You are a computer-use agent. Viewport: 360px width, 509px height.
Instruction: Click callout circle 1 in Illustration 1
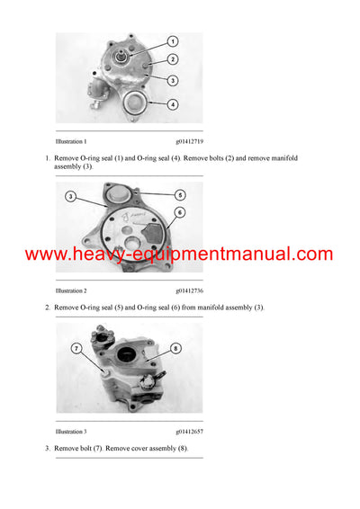coord(173,41)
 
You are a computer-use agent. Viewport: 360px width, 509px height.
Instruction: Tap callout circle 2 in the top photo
coord(173,59)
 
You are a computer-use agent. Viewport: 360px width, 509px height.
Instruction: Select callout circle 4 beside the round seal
coord(173,104)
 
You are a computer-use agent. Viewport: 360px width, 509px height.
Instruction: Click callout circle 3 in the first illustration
coord(173,81)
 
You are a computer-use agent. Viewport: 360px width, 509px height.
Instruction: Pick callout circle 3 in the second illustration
coord(70,196)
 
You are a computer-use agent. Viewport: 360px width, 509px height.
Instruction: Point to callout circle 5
coord(180,195)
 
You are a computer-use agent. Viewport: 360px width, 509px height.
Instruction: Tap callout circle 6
coord(180,212)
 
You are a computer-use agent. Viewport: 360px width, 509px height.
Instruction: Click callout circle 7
coord(76,349)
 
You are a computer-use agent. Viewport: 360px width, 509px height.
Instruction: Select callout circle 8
coord(175,349)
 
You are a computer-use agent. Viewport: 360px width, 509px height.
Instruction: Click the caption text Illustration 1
coord(71,141)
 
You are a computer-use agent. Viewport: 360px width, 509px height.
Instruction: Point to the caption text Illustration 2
coord(71,290)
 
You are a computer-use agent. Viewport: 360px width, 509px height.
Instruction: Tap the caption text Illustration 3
coord(71,432)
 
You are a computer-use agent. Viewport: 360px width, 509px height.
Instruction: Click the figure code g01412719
coord(189,141)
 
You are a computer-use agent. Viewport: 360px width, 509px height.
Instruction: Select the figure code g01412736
coord(189,290)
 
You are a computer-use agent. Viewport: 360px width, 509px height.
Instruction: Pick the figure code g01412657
coord(189,432)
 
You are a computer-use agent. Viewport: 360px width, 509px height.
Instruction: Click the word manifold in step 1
coord(284,158)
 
